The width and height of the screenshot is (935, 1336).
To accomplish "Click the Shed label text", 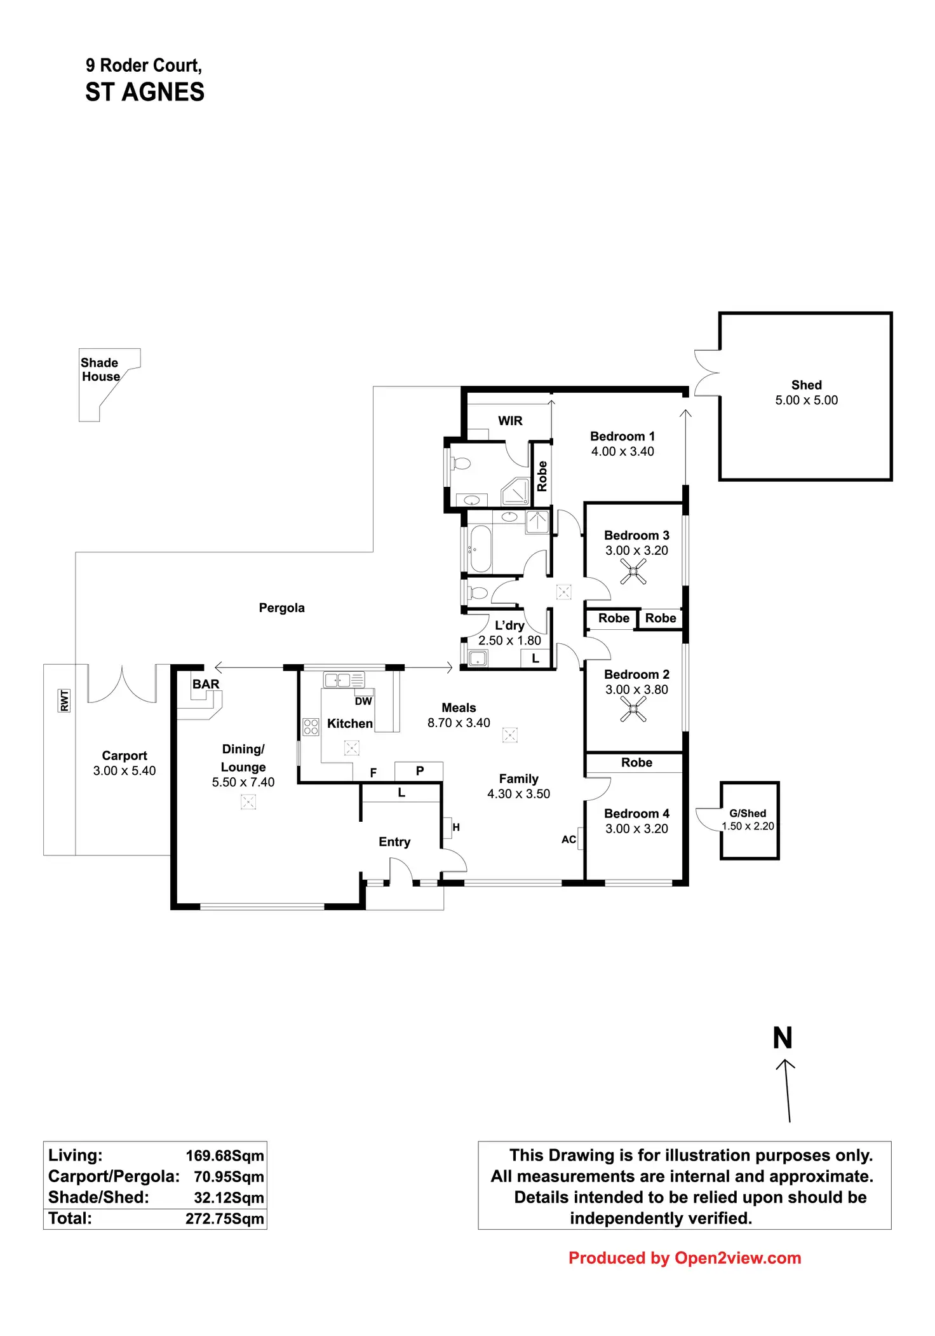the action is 806,385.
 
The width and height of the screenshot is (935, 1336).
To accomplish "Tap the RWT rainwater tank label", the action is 64,700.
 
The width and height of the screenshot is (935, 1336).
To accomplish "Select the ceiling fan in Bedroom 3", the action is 633,571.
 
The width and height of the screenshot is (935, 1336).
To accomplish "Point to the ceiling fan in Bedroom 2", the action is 633,709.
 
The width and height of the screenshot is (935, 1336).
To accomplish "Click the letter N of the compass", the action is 783,1039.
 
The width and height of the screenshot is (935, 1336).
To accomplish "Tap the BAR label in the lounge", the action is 206,685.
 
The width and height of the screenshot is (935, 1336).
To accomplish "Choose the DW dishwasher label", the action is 363,702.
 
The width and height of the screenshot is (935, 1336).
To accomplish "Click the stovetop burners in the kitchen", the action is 311,726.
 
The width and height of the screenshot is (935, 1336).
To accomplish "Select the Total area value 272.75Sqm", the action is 225,1218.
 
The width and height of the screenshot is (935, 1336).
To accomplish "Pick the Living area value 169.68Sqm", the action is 225,1155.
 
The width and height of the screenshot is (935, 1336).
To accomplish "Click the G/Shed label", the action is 748,814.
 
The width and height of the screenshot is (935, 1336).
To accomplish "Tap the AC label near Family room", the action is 568,840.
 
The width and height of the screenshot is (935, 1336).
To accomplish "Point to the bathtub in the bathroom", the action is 480,549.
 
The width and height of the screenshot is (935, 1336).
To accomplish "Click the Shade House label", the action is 100,370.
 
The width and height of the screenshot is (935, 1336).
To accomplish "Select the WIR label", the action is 510,421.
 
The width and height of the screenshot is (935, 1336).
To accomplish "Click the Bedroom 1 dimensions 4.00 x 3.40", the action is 622,452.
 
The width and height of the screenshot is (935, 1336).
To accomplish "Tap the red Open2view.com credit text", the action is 685,1258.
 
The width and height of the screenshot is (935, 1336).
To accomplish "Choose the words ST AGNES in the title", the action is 145,93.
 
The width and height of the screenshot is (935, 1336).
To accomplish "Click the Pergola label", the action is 281,608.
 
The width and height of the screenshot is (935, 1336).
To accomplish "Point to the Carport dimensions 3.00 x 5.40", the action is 124,771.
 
